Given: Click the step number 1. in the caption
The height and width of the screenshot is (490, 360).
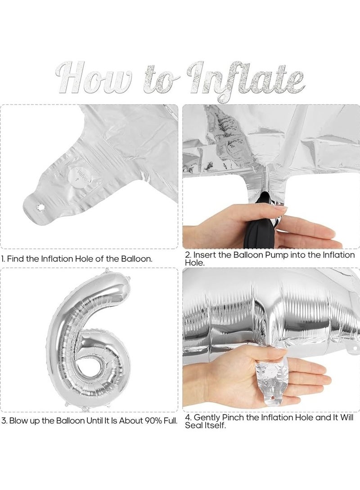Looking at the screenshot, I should click(4, 259).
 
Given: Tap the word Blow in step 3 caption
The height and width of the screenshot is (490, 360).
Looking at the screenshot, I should click(18, 421).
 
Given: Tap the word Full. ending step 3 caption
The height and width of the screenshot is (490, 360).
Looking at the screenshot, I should click(168, 421).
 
